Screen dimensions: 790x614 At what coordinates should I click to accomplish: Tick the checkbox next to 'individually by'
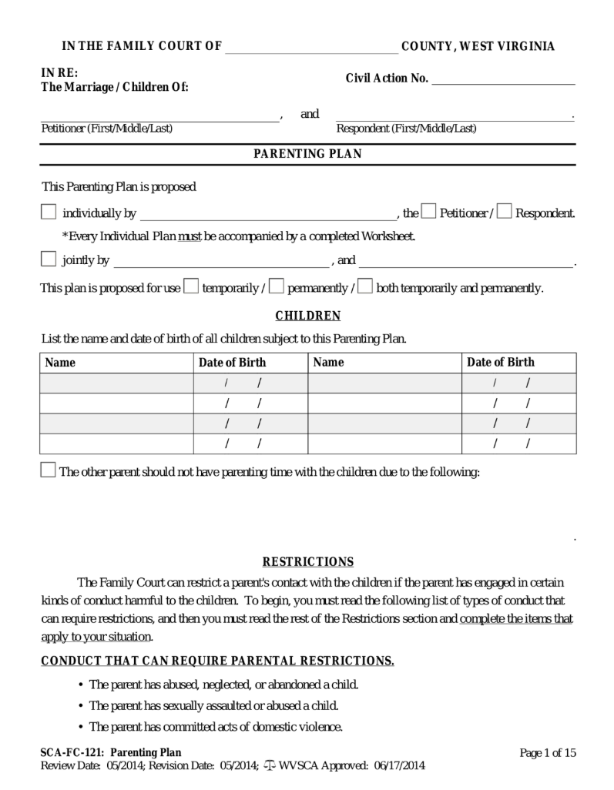click(49, 213)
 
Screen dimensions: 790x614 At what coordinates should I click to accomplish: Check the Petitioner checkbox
click(429, 212)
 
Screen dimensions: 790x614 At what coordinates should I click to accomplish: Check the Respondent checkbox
click(505, 212)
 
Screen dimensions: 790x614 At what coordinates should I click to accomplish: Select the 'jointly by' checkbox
click(49, 259)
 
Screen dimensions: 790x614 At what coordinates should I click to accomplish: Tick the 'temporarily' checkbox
click(191, 287)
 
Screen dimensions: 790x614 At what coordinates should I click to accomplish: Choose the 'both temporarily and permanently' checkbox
click(366, 287)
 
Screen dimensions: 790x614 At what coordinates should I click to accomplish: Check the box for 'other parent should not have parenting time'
click(48, 470)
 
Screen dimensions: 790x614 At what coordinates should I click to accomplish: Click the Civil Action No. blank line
click(504, 79)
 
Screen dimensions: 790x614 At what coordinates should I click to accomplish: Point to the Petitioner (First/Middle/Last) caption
click(106, 129)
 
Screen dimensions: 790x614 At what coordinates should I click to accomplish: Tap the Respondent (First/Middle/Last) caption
click(406, 129)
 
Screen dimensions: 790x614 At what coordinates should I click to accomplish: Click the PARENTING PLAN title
click(307, 154)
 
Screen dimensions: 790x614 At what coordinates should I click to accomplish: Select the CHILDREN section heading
click(307, 316)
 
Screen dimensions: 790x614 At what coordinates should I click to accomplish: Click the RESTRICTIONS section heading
click(307, 562)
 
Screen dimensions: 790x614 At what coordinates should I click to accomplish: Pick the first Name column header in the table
click(60, 363)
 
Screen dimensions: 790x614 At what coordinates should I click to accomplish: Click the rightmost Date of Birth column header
click(501, 363)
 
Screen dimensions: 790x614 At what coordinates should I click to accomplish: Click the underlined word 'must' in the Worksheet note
click(190, 236)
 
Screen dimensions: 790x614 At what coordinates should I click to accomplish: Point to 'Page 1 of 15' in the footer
click(548, 753)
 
